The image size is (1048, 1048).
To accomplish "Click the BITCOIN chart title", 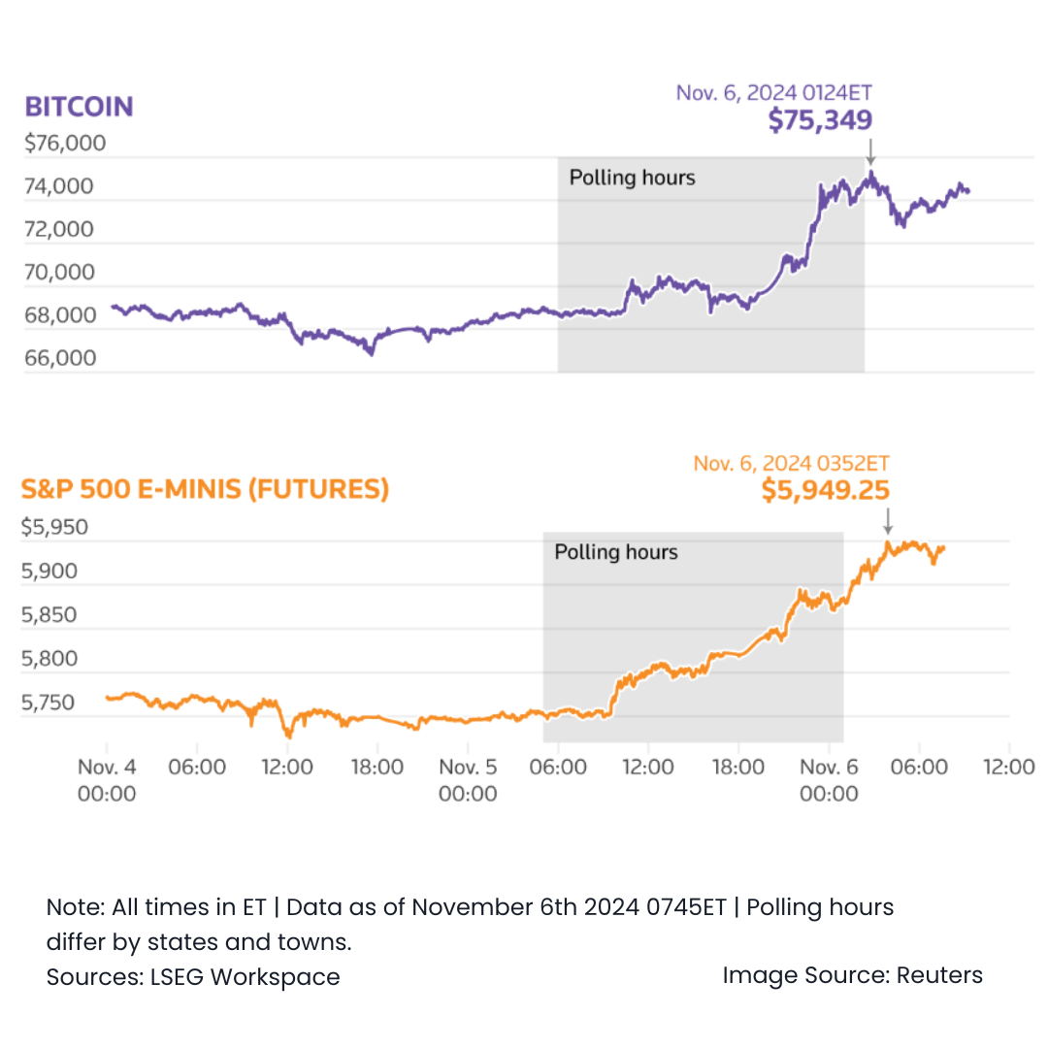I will (79, 106).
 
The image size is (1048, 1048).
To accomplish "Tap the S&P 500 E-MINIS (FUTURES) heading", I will (205, 489).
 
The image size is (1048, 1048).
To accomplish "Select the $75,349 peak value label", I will (820, 120).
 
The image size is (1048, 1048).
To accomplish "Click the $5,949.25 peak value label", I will (825, 491).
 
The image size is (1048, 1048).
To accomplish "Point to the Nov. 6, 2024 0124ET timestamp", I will (773, 93).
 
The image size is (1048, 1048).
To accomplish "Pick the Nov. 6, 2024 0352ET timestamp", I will (791, 464).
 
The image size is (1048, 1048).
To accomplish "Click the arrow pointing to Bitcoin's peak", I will (870, 151).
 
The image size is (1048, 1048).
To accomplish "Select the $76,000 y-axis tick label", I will (65, 144).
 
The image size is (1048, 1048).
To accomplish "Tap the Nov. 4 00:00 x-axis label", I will (107, 780).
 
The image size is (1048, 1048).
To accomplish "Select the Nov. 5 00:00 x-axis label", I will (468, 780).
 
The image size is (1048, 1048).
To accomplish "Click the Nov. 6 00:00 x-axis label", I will (829, 780).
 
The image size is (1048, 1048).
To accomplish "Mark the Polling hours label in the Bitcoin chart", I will (632, 178).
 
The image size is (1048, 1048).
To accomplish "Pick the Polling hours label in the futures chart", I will (616, 552).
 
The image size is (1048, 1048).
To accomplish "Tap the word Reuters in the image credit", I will (939, 975).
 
